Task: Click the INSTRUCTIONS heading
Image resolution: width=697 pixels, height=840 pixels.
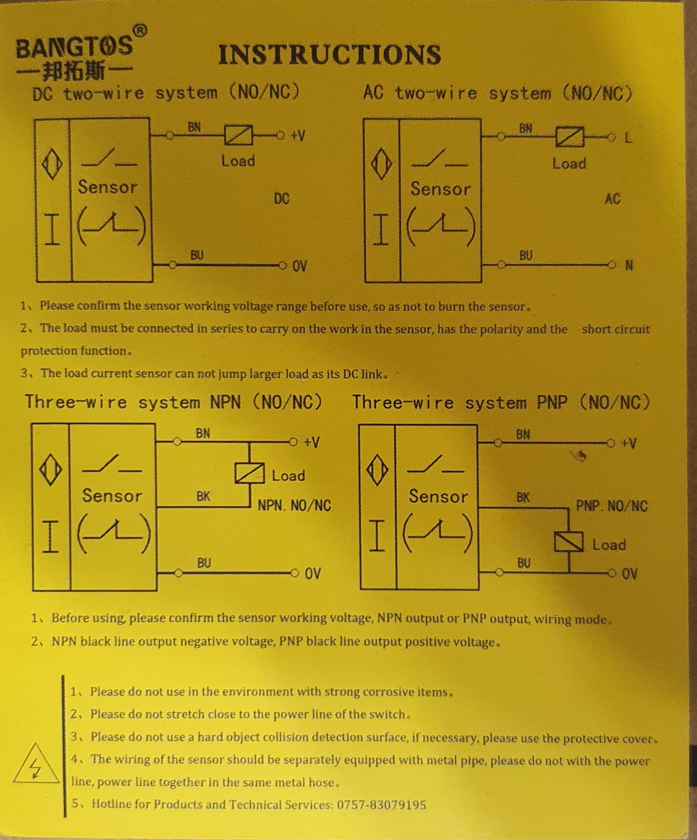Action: (x=330, y=55)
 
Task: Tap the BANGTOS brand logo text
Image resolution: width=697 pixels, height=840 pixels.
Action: (x=74, y=46)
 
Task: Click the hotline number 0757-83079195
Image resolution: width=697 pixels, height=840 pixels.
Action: (x=381, y=804)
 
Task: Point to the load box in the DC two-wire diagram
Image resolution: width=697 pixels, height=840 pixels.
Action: (x=238, y=135)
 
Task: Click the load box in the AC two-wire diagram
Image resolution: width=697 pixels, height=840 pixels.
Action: (x=570, y=137)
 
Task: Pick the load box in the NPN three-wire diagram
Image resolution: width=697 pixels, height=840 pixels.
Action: (x=249, y=473)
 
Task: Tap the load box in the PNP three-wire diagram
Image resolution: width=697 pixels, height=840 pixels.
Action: (x=569, y=542)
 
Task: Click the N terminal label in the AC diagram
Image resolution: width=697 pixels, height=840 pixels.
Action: (x=629, y=266)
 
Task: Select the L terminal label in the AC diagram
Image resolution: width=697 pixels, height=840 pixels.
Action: (x=628, y=138)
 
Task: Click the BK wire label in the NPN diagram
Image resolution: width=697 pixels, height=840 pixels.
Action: (x=203, y=496)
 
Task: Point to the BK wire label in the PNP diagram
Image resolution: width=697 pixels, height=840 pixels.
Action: (x=523, y=498)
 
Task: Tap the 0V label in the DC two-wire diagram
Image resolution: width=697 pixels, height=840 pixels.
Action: (x=300, y=266)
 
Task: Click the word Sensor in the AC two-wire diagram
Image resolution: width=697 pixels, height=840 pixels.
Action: (x=440, y=189)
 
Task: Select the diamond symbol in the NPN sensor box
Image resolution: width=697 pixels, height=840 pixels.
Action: (x=51, y=470)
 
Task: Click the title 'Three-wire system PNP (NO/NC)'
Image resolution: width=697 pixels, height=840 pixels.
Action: (x=501, y=402)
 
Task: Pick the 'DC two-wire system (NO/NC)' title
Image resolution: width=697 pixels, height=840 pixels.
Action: (x=166, y=93)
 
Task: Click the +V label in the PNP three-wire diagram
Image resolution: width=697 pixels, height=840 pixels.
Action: (x=628, y=443)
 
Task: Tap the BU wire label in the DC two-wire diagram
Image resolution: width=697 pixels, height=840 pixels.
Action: (x=197, y=255)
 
